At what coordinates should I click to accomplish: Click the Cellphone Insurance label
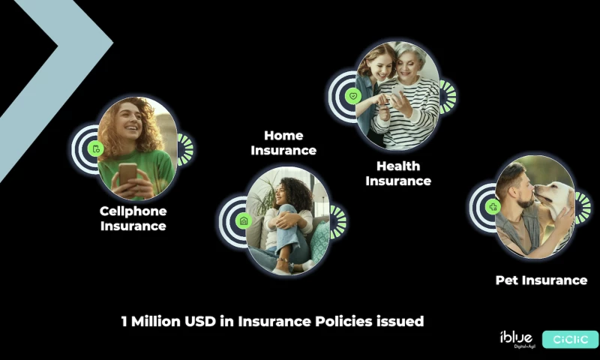[x=133, y=218]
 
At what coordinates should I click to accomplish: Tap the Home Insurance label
[x=283, y=143]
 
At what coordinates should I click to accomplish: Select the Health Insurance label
[x=398, y=173]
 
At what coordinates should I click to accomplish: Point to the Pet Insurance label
[x=541, y=280]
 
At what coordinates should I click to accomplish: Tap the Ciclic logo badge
[x=570, y=340]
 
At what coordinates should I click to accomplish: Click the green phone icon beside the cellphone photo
[x=95, y=149]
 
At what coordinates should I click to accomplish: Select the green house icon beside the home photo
[x=243, y=221]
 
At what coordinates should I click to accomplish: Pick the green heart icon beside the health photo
[x=353, y=96]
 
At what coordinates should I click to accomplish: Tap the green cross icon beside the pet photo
[x=493, y=206]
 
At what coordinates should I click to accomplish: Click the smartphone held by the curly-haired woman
[x=127, y=172]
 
